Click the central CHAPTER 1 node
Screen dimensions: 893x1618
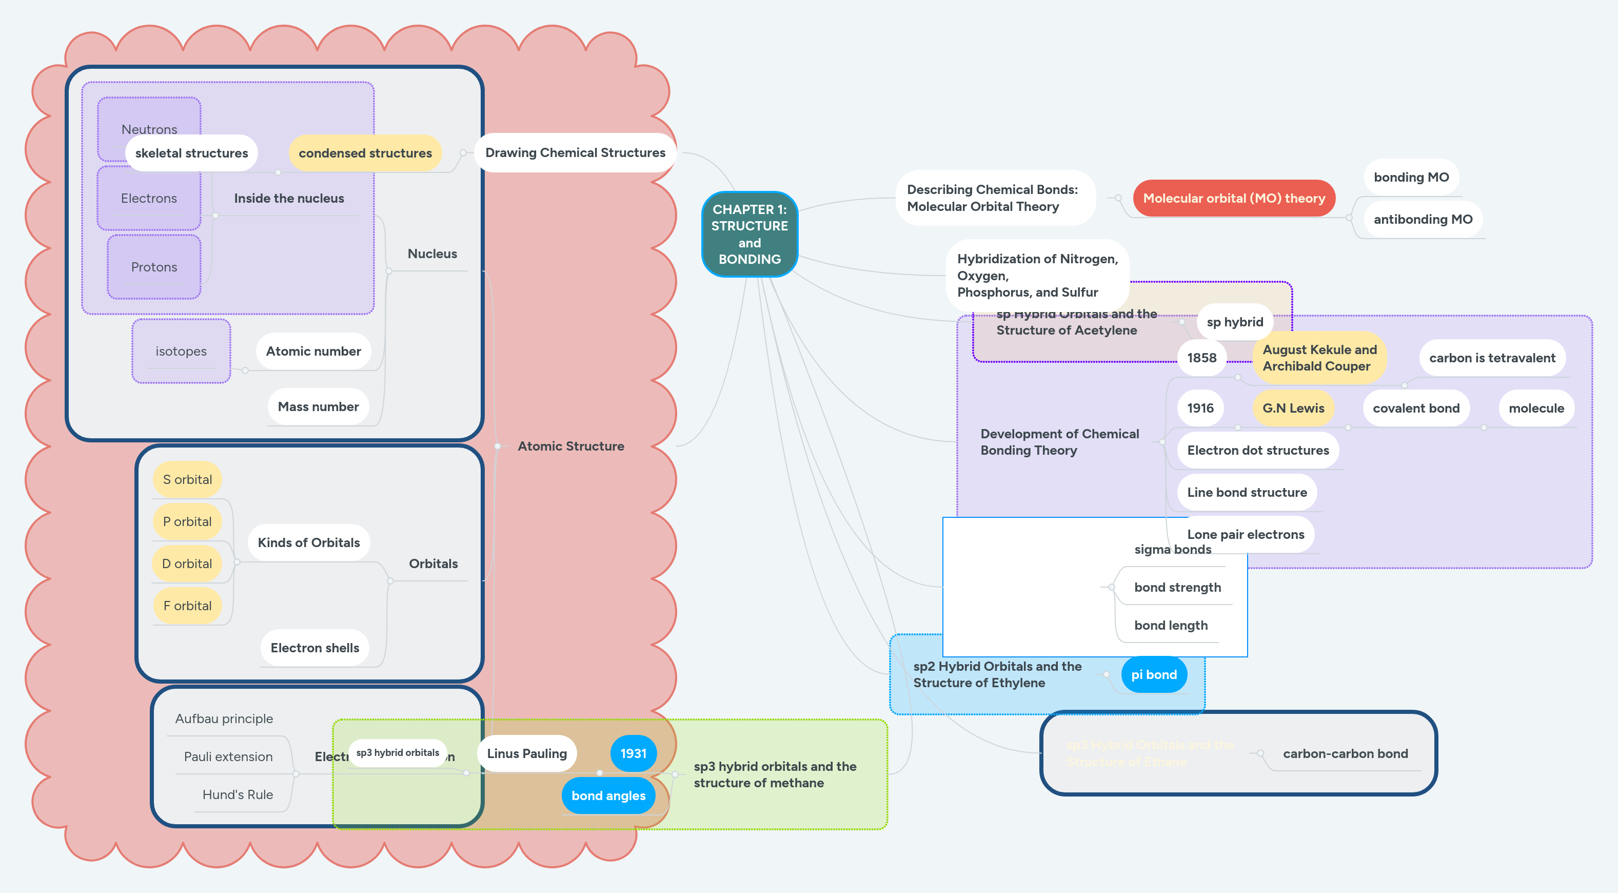click(x=749, y=234)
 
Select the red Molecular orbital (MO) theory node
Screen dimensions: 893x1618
click(x=1234, y=198)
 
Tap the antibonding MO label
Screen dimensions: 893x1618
click(x=1423, y=219)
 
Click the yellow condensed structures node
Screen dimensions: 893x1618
click(x=365, y=153)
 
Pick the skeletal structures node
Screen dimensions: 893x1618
click(x=191, y=153)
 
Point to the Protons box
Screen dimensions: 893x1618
click(x=154, y=267)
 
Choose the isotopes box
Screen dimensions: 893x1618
click(x=181, y=351)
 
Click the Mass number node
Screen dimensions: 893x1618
click(x=318, y=406)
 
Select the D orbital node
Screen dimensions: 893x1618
click(x=187, y=564)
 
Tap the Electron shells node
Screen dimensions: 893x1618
click(x=314, y=648)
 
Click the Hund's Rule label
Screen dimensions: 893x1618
click(x=238, y=794)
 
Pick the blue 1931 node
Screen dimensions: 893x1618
click(x=633, y=753)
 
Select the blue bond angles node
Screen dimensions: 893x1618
click(x=608, y=795)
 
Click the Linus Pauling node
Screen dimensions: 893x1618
click(x=526, y=753)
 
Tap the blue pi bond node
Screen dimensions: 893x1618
click(x=1154, y=674)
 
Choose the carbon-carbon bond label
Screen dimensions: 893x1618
click(x=1345, y=753)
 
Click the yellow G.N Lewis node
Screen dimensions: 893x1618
click(x=1293, y=409)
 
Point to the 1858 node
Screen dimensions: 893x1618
click(x=1201, y=358)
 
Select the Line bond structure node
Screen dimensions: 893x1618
click(x=1246, y=493)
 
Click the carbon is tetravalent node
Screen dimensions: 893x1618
click(x=1492, y=358)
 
